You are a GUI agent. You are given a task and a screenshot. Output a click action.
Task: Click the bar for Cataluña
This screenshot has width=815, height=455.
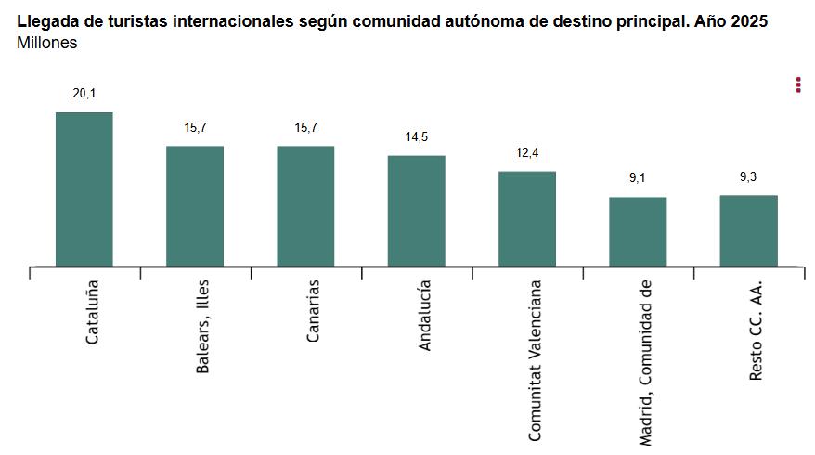click(84, 189)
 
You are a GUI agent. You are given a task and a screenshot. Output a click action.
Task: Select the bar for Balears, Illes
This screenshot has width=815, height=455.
click(195, 206)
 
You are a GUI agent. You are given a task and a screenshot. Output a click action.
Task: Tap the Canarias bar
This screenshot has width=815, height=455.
click(305, 206)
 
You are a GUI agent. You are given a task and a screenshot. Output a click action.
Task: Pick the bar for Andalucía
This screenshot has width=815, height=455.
click(416, 211)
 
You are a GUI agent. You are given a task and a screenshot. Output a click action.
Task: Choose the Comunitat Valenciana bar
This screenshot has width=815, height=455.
click(526, 219)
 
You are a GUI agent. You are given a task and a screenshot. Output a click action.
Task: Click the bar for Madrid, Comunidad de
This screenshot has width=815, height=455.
click(638, 232)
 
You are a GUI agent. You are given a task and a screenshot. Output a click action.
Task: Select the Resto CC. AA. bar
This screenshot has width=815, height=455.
click(748, 231)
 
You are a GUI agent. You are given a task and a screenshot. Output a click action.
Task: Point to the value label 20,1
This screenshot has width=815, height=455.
click(84, 93)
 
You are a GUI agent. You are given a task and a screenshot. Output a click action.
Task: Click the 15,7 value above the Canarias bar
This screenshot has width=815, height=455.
click(305, 127)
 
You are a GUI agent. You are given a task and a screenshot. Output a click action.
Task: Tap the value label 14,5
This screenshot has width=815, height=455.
click(416, 136)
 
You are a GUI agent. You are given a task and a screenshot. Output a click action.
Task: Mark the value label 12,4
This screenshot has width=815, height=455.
click(526, 152)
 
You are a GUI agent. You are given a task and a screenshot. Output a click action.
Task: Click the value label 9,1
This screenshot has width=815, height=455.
click(638, 178)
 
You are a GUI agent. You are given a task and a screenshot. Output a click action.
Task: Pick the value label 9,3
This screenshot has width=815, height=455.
click(748, 176)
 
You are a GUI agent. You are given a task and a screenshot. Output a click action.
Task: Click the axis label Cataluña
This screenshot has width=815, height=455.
click(92, 312)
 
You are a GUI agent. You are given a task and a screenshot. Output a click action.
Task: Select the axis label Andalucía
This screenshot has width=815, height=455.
click(424, 316)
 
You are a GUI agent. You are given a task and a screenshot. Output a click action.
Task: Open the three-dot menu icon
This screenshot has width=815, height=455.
click(798, 84)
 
